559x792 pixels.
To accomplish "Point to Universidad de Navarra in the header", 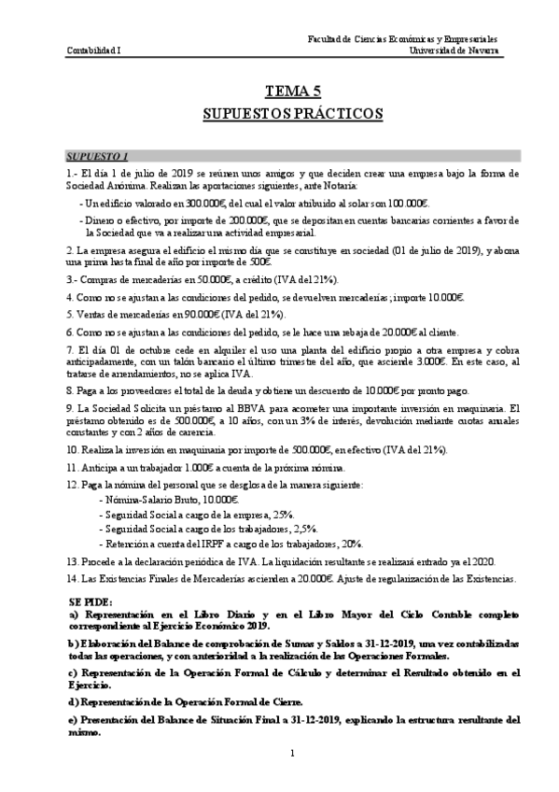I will (454, 50).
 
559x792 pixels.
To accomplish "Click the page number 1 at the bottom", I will (292, 754).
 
